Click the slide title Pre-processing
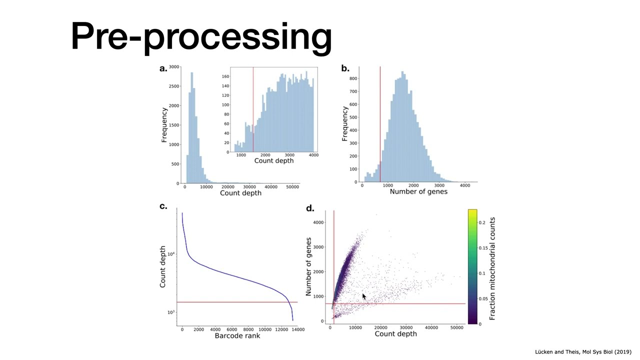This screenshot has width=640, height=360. click(x=201, y=36)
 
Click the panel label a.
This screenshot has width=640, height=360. click(x=163, y=68)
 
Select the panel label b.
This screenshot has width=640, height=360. click(x=345, y=68)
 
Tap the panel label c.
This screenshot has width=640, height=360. click(x=163, y=206)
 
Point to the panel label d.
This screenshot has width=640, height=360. click(x=310, y=208)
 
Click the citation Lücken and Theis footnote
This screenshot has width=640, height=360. click(x=583, y=352)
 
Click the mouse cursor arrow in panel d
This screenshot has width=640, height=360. click(x=363, y=296)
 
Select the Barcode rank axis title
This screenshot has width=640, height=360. click(x=237, y=335)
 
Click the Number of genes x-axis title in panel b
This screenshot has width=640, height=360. click(x=418, y=191)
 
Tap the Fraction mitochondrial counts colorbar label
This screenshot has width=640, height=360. click(x=492, y=268)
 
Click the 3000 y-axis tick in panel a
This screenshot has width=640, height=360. click(x=174, y=66)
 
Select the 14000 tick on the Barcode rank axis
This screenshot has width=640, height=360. click(x=297, y=329)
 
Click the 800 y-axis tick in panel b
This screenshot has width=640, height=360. click(x=353, y=78)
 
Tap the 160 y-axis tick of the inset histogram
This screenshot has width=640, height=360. click(x=225, y=76)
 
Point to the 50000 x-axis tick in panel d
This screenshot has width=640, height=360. click(x=456, y=327)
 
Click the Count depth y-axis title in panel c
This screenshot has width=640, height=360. click(x=163, y=266)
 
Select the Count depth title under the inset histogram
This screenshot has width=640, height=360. click(x=274, y=160)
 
